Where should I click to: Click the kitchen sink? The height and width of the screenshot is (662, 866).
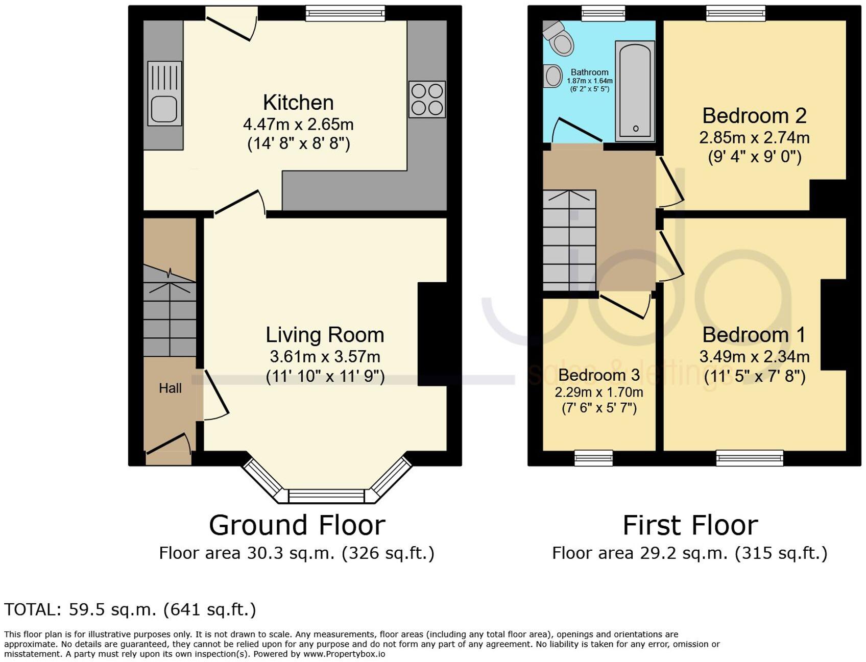[164, 93]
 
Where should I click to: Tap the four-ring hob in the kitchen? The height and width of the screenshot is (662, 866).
[427, 100]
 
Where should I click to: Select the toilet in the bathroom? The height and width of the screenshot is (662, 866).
[560, 38]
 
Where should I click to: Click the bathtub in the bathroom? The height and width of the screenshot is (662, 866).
[635, 91]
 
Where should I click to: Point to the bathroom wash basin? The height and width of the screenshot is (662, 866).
[552, 77]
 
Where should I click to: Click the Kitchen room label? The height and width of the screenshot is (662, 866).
[298, 103]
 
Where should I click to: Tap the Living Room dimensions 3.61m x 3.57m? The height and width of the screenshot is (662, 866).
[325, 356]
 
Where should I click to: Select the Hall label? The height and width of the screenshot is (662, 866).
[170, 388]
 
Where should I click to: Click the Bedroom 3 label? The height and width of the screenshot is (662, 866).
[598, 375]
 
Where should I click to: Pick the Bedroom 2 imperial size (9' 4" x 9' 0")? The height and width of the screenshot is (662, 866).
[754, 157]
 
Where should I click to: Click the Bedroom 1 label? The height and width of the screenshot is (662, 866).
[754, 335]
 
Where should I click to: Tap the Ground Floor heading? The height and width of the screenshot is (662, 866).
[297, 525]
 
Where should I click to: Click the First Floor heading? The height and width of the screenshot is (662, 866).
[690, 525]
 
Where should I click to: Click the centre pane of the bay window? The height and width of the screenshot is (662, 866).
[327, 496]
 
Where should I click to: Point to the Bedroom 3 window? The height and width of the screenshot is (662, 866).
[593, 458]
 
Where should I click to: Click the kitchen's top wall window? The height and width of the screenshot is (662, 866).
[346, 13]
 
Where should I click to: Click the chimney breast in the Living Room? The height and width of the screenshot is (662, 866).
[432, 334]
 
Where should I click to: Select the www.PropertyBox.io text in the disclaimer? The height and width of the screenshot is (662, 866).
[344, 654]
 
